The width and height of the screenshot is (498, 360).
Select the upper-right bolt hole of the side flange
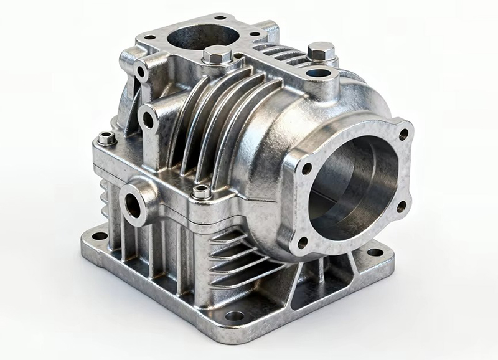403,133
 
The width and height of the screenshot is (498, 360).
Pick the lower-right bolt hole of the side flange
402,206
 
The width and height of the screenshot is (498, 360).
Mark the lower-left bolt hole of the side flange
303,242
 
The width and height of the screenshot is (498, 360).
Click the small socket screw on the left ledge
108,138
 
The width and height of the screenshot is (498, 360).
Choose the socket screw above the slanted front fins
200,191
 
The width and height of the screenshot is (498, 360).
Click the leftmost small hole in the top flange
149,37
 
